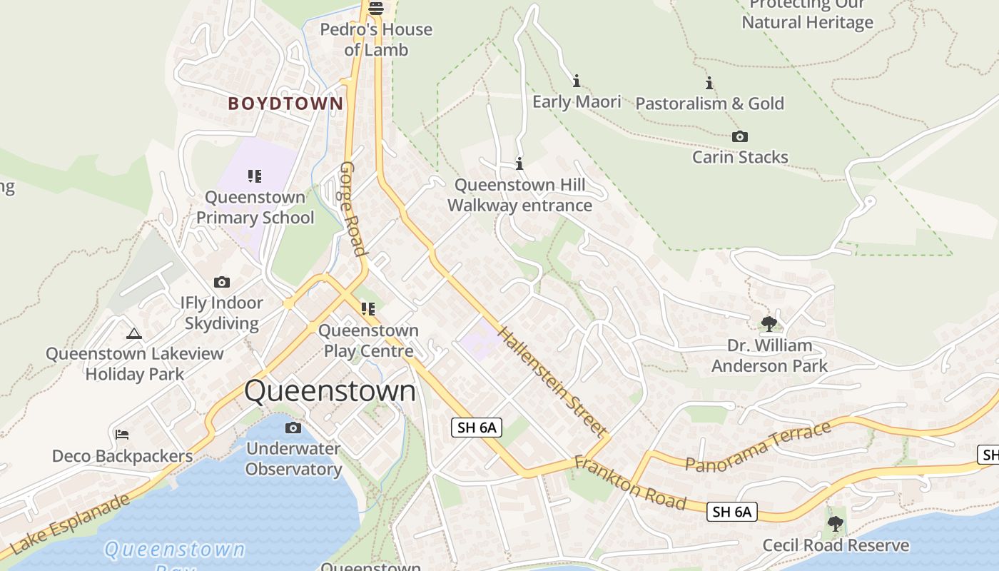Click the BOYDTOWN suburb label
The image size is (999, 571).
[285, 103]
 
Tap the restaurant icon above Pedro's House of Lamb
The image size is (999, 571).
[376, 9]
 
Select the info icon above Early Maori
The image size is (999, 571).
[577, 81]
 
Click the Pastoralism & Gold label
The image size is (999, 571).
[709, 103]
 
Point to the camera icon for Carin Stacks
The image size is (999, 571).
[740, 136]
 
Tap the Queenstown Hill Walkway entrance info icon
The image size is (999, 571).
[519, 164]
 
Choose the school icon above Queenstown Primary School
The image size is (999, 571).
[255, 176]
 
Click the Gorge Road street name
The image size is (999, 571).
[353, 208]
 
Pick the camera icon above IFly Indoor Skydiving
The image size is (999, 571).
[222, 282]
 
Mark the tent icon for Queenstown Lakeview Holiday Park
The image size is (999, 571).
[134, 333]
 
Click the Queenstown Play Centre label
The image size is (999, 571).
[368, 340]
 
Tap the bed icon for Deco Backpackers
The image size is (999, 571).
[122, 434]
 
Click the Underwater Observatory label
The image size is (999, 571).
[293, 459]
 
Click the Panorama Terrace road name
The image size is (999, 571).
[758, 446]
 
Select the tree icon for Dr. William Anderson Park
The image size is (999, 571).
[769, 324]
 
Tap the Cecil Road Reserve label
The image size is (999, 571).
[836, 546]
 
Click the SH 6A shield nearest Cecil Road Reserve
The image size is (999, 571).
[731, 511]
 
